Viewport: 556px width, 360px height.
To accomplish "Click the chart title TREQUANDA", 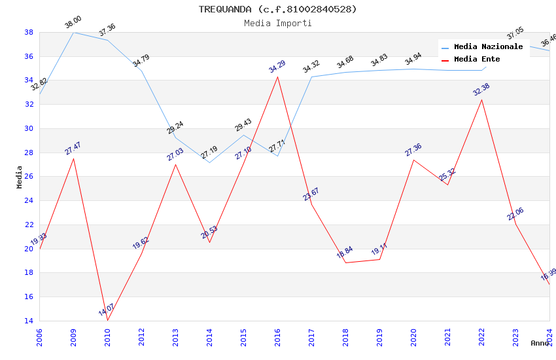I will (278, 9).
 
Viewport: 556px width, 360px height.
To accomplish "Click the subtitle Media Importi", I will (278, 23).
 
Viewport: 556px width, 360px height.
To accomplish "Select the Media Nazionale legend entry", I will (488, 47).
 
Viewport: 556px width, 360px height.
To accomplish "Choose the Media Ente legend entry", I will (477, 60).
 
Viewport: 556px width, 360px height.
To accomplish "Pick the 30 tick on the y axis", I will (29, 128).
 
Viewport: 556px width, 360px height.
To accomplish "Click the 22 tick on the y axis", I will (29, 225).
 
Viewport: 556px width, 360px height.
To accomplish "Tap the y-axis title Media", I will (20, 177).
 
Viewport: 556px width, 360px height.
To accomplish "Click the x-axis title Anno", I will (540, 343).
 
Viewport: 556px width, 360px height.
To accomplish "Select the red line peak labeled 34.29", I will (277, 77).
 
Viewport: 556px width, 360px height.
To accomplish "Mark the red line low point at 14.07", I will (107, 320).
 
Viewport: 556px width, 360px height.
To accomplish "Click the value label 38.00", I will (73, 23).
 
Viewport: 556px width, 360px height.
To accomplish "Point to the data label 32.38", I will (481, 90).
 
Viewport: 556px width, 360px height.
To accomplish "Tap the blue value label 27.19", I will (209, 153).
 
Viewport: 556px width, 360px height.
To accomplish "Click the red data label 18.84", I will (345, 253).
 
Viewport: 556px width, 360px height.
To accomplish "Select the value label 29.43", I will (243, 126).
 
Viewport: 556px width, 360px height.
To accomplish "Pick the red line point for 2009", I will (73, 158).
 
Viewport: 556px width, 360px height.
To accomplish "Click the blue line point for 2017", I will (311, 77).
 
